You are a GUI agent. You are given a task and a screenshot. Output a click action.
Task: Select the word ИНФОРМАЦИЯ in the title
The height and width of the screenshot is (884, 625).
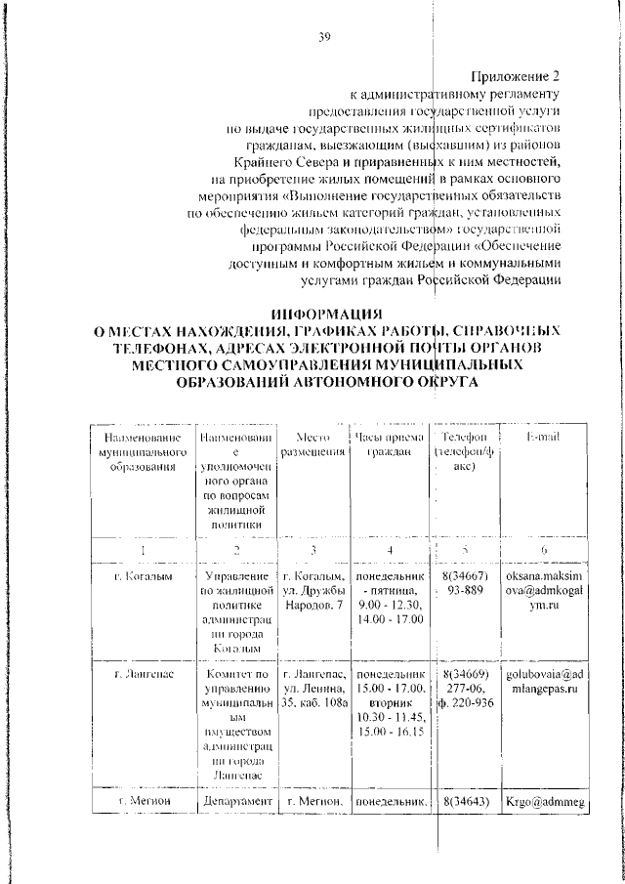[x=325, y=314]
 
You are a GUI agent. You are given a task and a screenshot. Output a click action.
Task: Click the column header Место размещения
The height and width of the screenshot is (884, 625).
[x=312, y=444]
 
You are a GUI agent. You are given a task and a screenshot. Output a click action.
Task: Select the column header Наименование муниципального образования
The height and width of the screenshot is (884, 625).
[x=143, y=451]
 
